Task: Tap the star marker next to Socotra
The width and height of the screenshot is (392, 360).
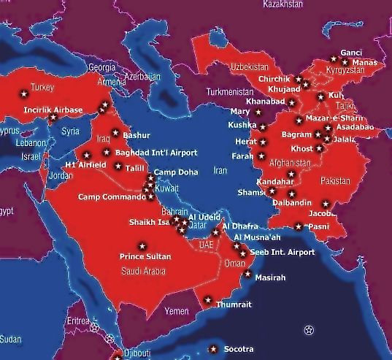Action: [x=213, y=348]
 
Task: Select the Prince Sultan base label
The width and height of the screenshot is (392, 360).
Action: [x=145, y=256]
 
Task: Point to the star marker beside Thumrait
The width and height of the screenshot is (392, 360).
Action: [x=207, y=300]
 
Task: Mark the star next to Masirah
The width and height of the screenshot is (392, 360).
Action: [x=248, y=275]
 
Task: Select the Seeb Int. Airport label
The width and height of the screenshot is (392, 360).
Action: [x=283, y=252]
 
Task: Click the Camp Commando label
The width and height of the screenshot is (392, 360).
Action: [x=111, y=197]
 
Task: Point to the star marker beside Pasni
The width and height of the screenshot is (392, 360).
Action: [x=299, y=226]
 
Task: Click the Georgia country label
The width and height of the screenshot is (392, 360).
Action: [x=101, y=66]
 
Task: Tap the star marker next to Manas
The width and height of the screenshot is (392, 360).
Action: [x=345, y=63]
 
